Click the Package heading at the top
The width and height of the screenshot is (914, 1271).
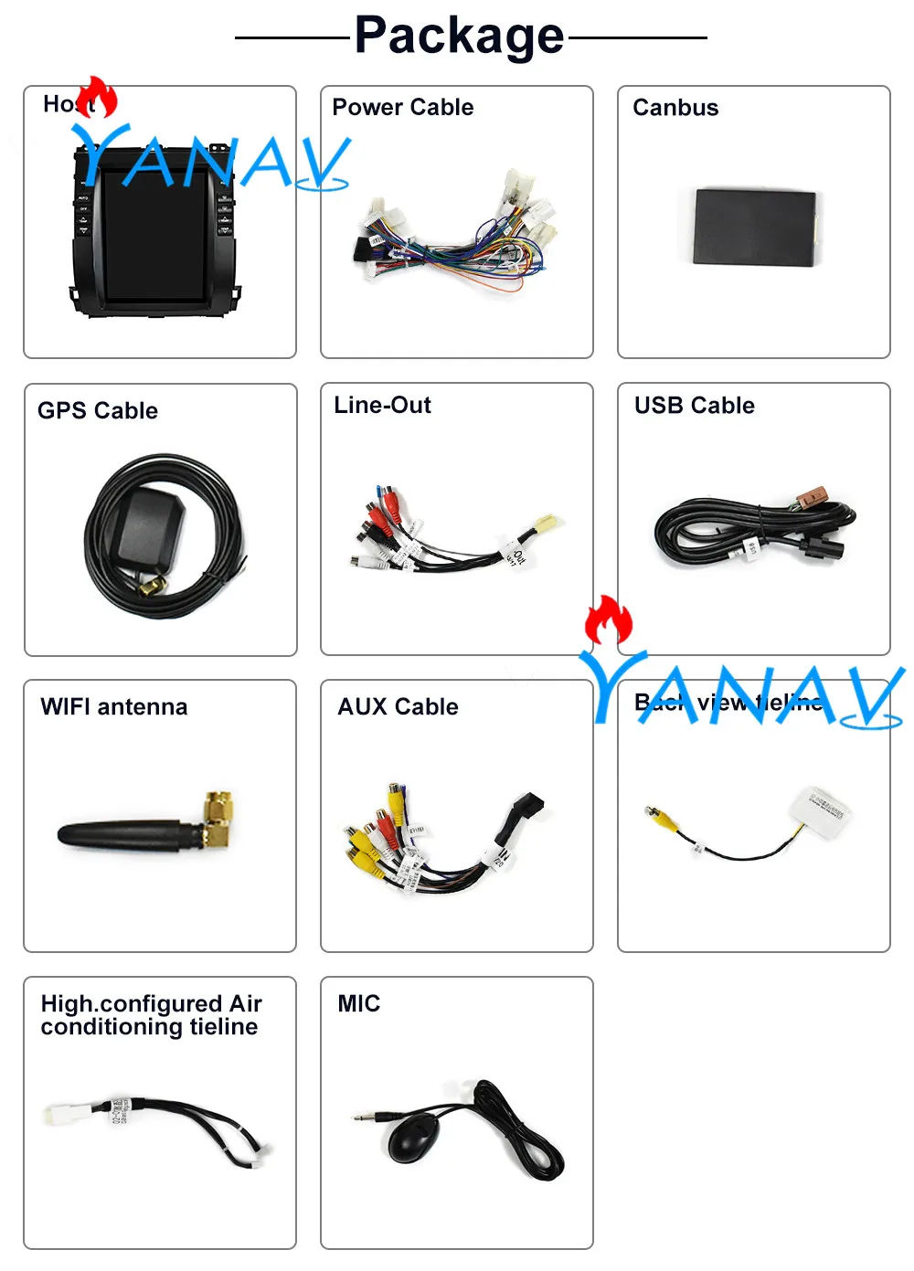459,37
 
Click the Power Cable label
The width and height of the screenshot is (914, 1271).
402,108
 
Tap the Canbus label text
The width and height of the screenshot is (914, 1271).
675,108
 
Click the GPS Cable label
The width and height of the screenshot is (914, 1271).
98,411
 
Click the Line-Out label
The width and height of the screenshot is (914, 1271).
382,406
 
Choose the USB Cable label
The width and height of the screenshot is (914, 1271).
695,406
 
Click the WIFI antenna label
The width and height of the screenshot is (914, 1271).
114,707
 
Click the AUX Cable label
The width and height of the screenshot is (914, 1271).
398,707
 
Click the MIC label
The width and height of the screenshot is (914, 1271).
359,1004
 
